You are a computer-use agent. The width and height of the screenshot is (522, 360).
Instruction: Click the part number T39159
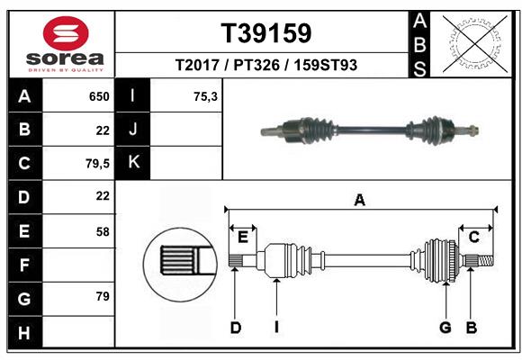[x=266, y=33]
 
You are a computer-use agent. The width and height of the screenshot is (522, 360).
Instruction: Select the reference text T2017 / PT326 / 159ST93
[x=266, y=66]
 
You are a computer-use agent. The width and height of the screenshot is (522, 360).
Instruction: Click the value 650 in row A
[x=99, y=96]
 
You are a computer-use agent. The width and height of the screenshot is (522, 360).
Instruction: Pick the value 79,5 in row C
[x=96, y=163]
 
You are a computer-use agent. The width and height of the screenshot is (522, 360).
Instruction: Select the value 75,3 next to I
[x=206, y=96]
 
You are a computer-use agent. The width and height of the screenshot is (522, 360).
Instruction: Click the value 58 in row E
[x=103, y=231]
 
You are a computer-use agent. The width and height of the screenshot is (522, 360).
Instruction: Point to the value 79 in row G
[x=103, y=296]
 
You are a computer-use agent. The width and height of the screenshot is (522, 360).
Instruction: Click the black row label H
[x=24, y=332]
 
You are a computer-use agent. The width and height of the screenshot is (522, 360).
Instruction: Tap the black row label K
[x=133, y=163]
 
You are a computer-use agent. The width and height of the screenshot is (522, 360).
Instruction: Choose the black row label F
[x=24, y=265]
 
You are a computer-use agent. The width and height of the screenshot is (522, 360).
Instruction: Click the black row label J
[x=133, y=130]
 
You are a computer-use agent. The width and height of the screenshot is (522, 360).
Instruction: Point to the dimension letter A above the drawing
[x=360, y=201]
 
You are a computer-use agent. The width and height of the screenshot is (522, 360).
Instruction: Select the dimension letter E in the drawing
[x=243, y=236]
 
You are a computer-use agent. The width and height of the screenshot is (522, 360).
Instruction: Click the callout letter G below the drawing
[x=445, y=328]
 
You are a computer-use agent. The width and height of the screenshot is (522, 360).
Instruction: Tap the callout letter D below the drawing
[x=235, y=328]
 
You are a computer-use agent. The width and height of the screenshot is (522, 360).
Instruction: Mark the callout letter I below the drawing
[x=277, y=328]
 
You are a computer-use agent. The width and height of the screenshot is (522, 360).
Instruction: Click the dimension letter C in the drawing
[x=473, y=236]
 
